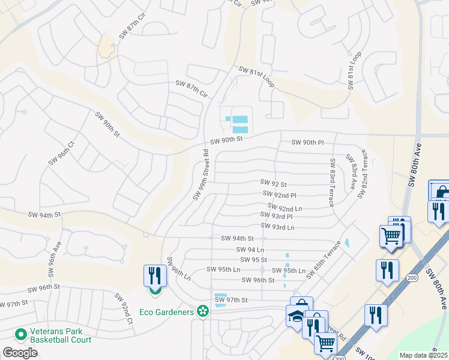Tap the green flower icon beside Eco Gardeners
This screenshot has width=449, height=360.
point(203,311)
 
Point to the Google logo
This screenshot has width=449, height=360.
point(20,353)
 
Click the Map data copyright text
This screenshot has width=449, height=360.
point(424,355)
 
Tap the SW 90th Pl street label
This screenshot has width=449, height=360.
point(307,142)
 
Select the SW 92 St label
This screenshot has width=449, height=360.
point(273,183)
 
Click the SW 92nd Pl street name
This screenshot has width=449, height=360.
point(280,194)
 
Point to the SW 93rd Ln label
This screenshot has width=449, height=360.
point(278,227)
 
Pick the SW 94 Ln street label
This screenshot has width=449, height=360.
point(250,250)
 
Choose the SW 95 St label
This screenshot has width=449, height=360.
point(253,260)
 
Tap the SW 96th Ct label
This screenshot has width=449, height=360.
point(61,152)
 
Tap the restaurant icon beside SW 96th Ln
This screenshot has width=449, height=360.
point(155,276)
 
